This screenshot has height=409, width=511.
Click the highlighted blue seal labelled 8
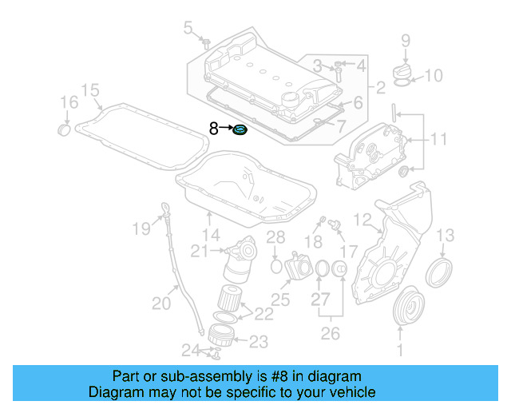(240, 129)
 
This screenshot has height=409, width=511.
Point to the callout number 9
(405, 40)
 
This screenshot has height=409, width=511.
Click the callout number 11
(438, 140)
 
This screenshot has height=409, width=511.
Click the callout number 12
(362, 218)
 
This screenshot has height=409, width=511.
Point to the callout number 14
(210, 235)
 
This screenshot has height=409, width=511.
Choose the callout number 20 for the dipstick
(161, 302)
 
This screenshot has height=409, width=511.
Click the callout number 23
(257, 342)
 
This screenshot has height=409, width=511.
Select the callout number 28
(275, 236)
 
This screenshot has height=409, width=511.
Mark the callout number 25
(279, 300)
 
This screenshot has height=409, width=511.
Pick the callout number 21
(200, 251)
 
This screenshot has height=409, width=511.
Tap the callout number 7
(341, 126)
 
